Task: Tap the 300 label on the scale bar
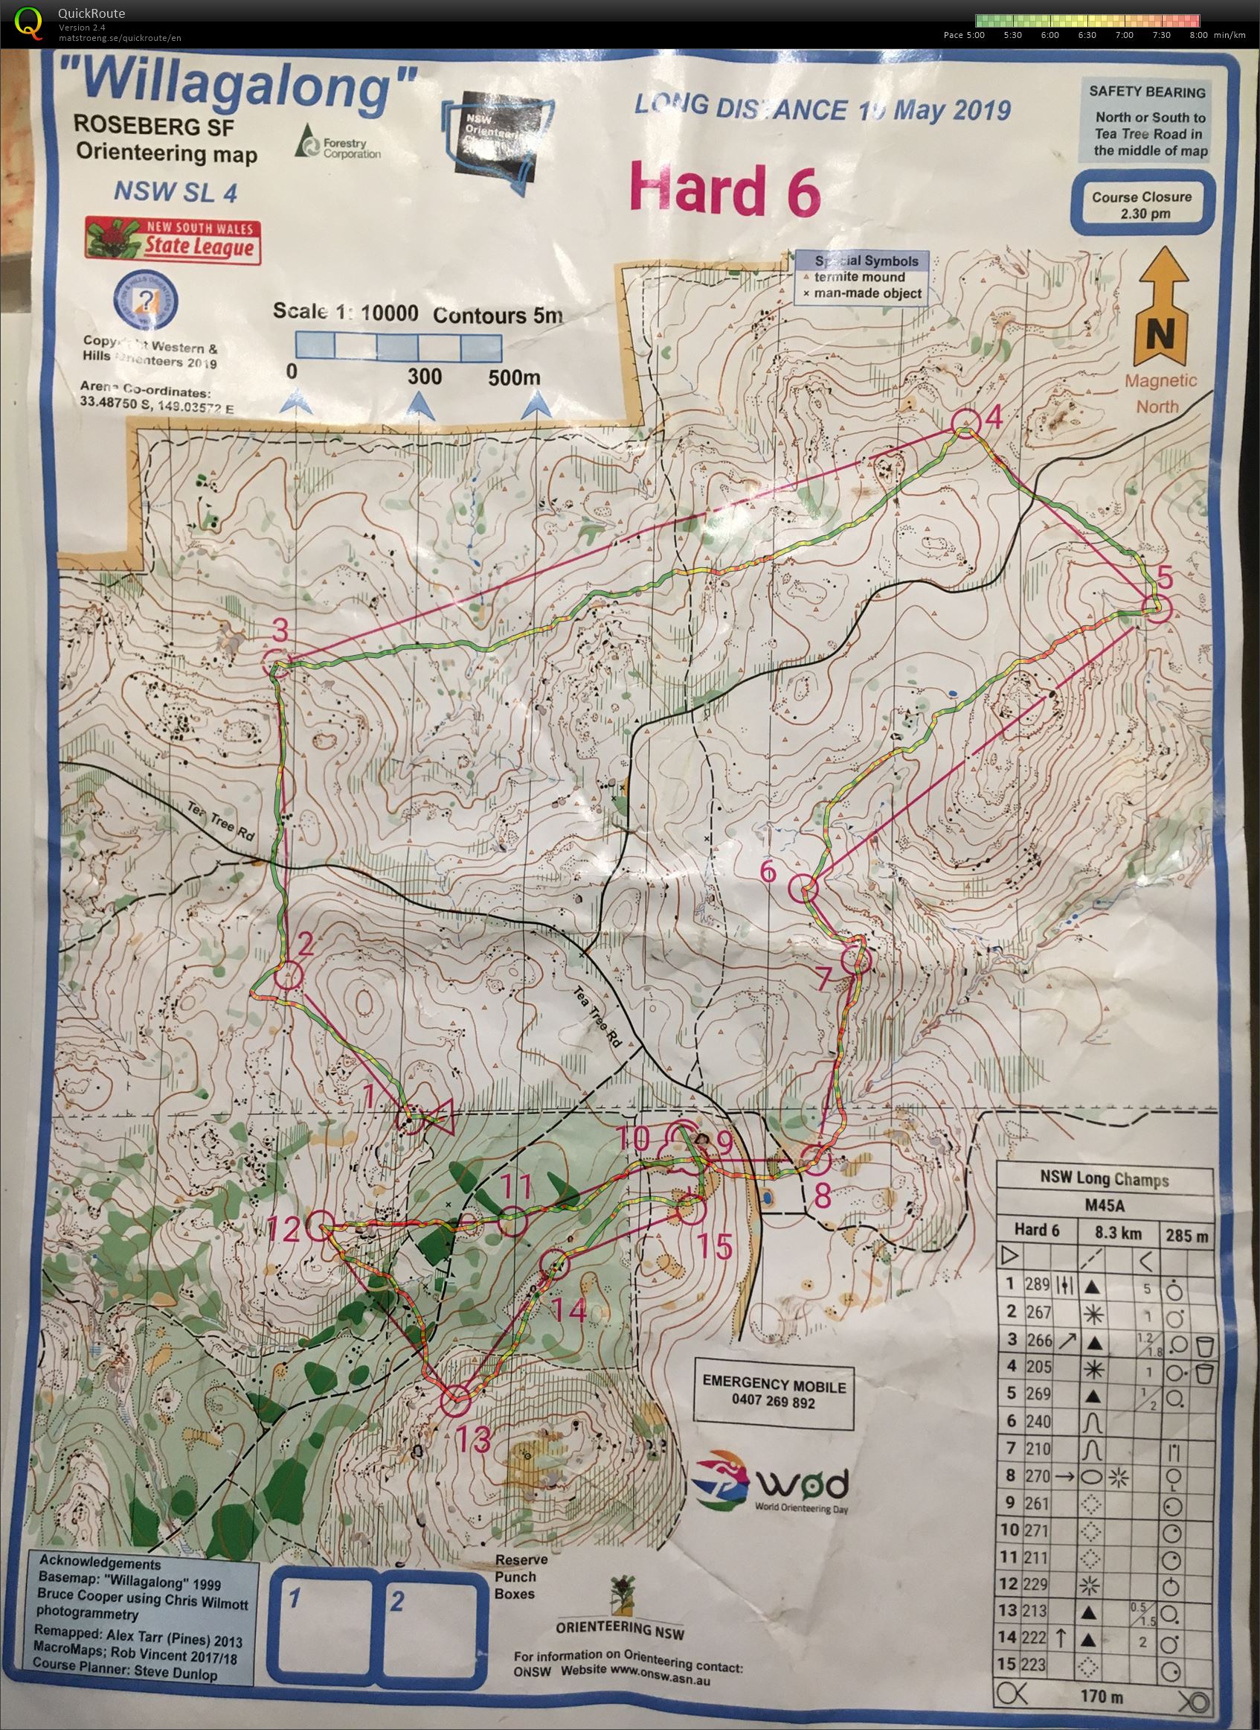click(424, 375)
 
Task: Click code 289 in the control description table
click(1038, 1284)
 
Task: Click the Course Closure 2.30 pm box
click(1141, 205)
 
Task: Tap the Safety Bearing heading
click(1146, 92)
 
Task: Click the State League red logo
click(173, 240)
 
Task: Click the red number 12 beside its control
click(283, 1230)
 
